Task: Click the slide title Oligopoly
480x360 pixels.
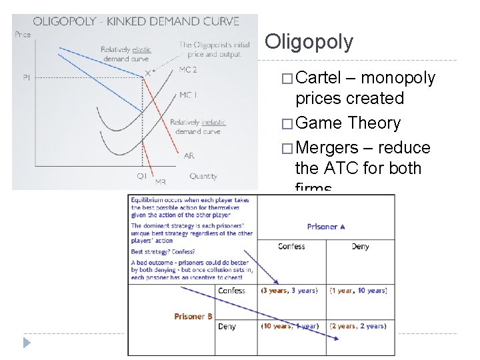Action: point(309,42)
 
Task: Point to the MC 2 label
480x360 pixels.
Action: point(189,69)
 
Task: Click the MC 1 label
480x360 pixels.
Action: point(187,95)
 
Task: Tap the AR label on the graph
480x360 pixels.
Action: point(189,155)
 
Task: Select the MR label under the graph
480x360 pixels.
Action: point(161,181)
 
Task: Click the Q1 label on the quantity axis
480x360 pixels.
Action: point(142,177)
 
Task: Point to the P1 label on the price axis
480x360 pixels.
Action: point(26,77)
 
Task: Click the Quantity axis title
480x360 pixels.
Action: point(203,177)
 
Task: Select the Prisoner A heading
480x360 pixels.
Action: point(326,227)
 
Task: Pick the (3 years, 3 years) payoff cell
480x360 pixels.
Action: point(289,291)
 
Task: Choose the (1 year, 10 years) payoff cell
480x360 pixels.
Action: point(360,291)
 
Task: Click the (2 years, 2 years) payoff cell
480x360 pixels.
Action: point(360,326)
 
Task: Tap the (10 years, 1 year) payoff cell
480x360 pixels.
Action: point(289,326)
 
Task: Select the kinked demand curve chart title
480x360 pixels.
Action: point(136,21)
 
